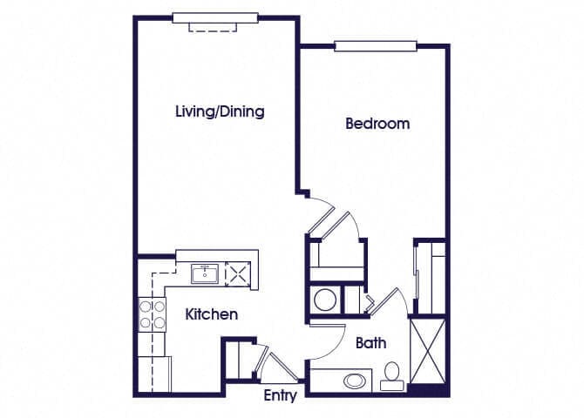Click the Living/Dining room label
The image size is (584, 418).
coord(220,111)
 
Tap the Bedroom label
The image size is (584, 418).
coord(377,124)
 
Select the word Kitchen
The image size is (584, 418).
coord(212,313)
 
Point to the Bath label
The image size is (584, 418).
coord(370,343)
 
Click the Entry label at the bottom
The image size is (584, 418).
coord(280,396)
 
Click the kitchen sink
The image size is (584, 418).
coord(206,274)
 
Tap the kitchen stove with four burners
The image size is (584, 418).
coord(153,313)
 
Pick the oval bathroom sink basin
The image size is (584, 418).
coord(355,381)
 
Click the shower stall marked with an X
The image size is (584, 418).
coord(427,352)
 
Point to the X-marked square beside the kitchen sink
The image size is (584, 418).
coord(236,274)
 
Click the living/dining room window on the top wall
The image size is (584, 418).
coord(214,17)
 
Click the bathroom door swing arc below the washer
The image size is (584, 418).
coord(326,340)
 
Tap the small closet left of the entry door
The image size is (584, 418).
coord(236,360)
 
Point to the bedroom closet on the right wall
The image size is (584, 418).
coord(431,276)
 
